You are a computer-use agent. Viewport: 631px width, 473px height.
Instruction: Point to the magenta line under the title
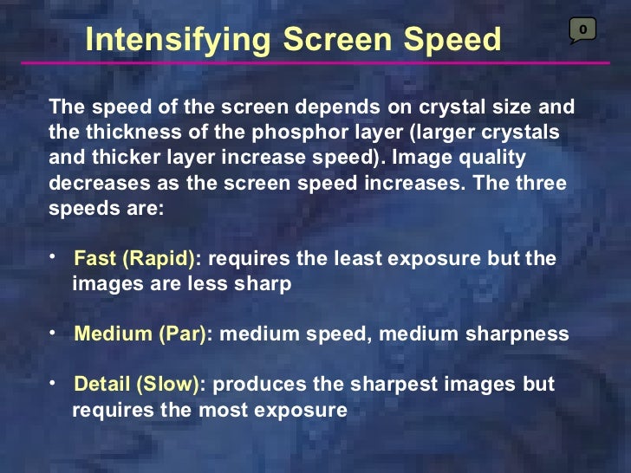pos(312,63)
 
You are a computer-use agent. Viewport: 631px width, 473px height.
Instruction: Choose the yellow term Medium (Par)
pos(140,334)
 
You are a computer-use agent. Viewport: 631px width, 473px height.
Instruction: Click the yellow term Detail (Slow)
pos(137,385)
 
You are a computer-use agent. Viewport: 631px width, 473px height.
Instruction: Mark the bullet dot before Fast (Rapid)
pos(53,256)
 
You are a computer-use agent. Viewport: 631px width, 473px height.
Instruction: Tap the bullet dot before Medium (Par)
pos(53,332)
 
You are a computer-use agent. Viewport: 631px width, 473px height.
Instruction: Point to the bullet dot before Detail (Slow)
pos(53,382)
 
